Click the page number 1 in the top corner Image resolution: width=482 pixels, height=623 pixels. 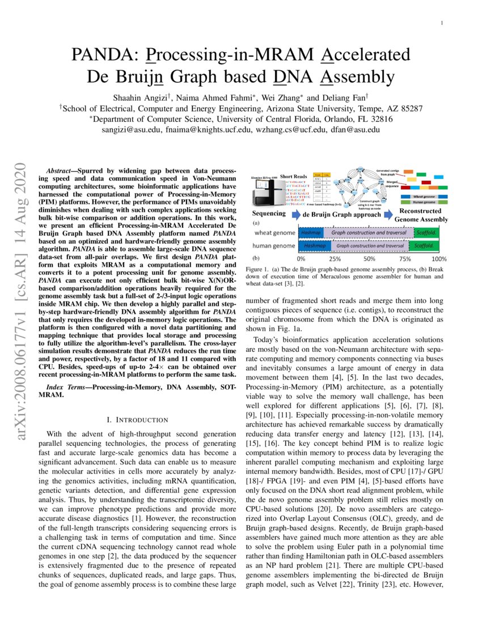[x=441, y=23]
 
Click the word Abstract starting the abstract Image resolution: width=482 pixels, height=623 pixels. [x=58, y=170]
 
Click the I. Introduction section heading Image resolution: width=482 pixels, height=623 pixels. [x=138, y=420]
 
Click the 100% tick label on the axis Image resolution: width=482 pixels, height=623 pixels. [x=439, y=258]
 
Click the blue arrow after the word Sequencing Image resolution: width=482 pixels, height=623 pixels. [x=293, y=214]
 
